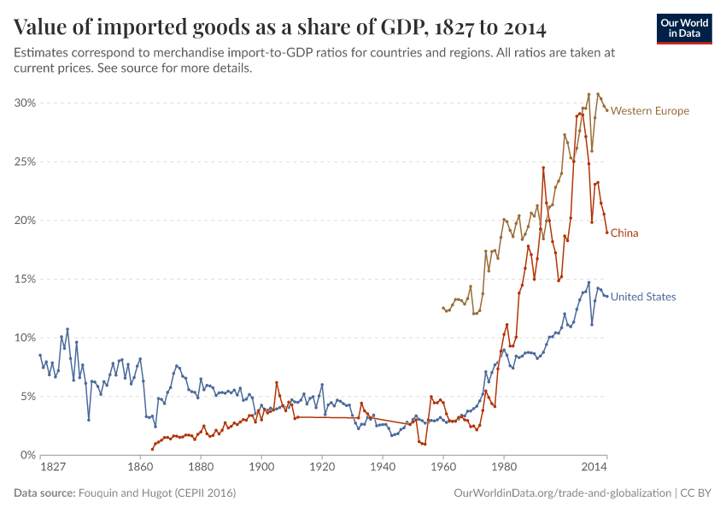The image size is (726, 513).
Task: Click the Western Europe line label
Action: [x=649, y=111]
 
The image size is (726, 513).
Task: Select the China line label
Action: [x=624, y=233]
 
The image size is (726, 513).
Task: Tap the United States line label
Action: [x=643, y=297]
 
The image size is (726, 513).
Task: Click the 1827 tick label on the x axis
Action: [x=53, y=468]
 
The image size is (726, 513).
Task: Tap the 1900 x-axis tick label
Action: [x=261, y=468]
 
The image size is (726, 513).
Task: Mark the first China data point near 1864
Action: [x=153, y=449]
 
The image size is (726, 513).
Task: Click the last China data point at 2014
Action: [x=606, y=233]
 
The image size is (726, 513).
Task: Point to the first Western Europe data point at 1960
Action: [x=442, y=308]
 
